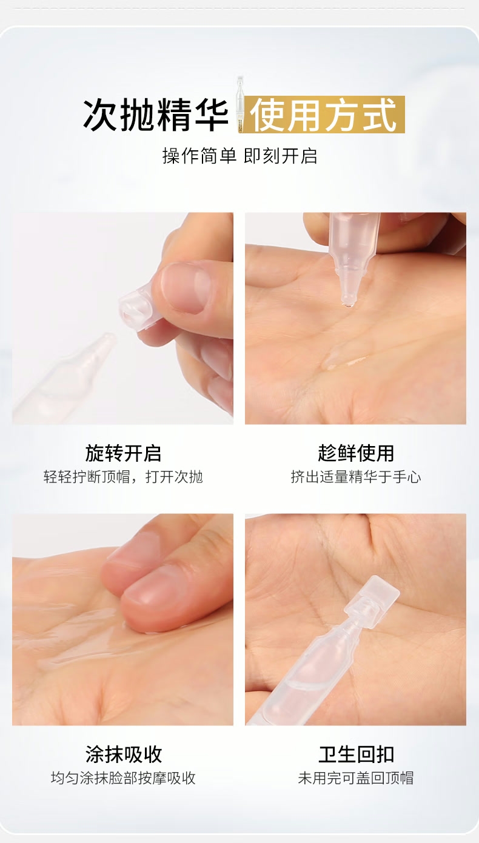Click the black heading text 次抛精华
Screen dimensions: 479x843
(x=156, y=115)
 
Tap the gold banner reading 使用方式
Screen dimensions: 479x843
(x=323, y=115)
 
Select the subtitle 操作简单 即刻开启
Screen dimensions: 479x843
(x=239, y=156)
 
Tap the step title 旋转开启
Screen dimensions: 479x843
(x=123, y=453)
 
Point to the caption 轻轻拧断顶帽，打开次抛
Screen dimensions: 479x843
(x=123, y=477)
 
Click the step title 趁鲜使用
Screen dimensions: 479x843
(x=356, y=453)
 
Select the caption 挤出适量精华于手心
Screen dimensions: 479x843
(x=356, y=477)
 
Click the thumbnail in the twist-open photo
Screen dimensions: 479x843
(x=186, y=288)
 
